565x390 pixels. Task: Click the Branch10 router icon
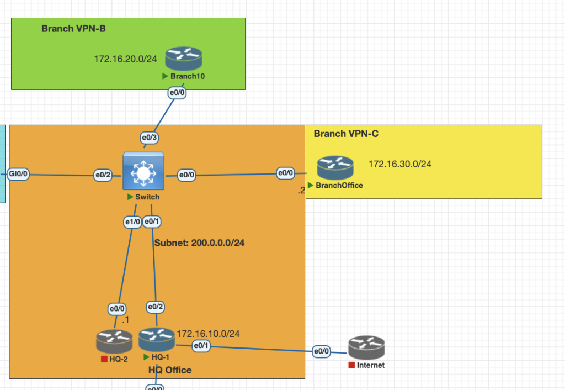(x=183, y=58)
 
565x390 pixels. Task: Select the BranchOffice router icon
(x=335, y=168)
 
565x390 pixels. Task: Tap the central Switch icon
(x=143, y=172)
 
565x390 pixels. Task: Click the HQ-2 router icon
(x=114, y=341)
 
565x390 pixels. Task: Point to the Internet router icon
(x=366, y=347)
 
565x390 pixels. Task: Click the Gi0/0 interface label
(x=18, y=175)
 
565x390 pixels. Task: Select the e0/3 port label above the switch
(x=150, y=138)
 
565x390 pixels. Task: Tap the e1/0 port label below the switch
(x=132, y=222)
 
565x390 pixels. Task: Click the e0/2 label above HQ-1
(x=156, y=307)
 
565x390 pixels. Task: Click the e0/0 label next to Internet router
(x=321, y=351)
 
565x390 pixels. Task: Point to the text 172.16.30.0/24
(x=399, y=164)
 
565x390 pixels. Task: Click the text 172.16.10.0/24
(x=208, y=334)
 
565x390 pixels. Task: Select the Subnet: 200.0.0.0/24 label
(x=199, y=243)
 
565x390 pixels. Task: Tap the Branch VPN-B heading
(x=73, y=29)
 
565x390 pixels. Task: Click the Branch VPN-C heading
(x=346, y=134)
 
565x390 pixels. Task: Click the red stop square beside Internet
(x=351, y=365)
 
